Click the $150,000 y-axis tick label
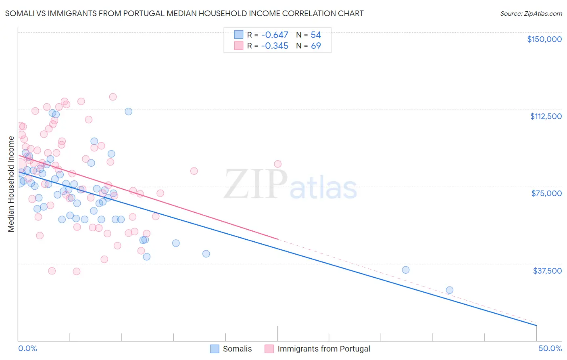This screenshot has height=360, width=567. pos(544,39)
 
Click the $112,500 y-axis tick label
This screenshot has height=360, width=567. pos(546,116)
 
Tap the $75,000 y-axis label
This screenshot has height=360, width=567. pos(546,193)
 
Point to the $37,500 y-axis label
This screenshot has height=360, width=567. pos(547,271)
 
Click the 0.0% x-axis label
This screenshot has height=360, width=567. pos(27,348)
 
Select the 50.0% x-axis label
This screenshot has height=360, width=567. pos(550,348)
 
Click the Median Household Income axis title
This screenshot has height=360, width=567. pos(11,184)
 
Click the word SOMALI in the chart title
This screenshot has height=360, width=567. pos(18,13)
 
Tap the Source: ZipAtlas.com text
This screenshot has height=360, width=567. pos(531,13)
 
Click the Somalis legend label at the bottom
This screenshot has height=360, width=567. pos(237,349)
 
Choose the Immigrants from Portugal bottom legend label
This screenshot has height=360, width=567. pos(323,349)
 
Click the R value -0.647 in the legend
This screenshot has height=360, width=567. pos(275,35)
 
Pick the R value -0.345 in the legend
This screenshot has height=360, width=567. pos(275,46)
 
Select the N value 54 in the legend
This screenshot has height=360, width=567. pos(316,35)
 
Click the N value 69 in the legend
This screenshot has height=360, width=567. pos(316,46)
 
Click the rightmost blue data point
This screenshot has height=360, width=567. pos(449,290)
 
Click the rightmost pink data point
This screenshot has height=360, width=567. pos(277,164)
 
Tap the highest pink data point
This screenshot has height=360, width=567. pos(113,97)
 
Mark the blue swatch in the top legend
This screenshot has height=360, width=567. pos(239,35)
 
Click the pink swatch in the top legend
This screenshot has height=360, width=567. pos(239,46)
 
